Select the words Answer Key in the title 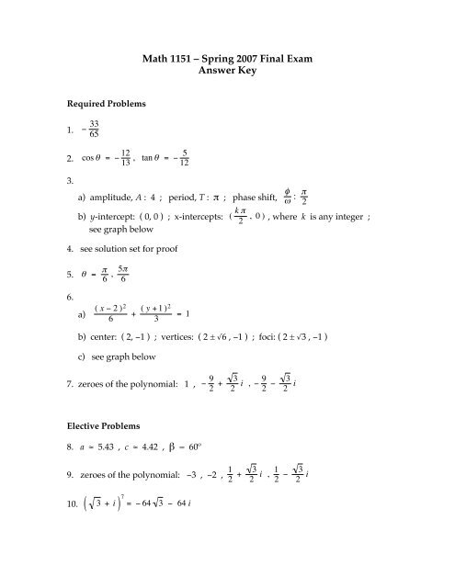pos(227,76)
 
